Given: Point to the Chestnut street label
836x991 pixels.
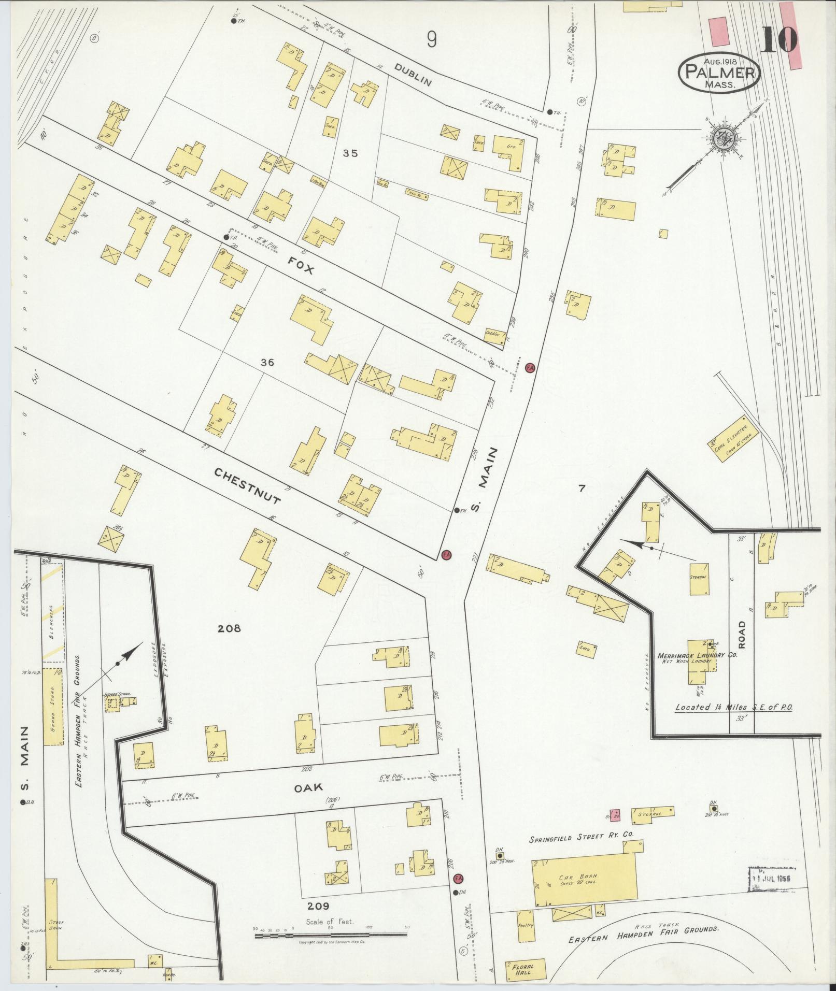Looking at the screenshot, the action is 248,486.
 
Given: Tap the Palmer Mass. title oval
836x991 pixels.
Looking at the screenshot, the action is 719,73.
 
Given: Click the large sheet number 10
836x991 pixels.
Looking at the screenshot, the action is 779,40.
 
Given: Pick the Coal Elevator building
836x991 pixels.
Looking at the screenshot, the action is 733,436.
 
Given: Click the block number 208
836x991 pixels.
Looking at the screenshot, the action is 229,628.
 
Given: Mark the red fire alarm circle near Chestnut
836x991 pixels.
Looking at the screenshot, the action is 446,555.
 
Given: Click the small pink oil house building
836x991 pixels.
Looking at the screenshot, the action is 615,815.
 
